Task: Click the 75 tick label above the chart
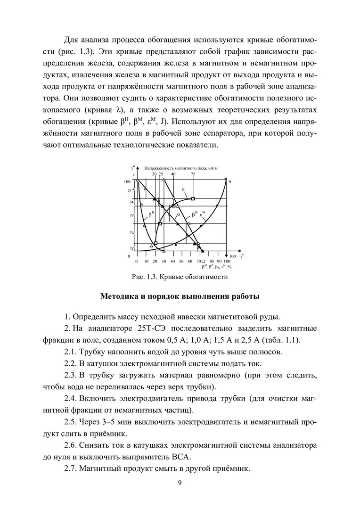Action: click(x=193, y=174)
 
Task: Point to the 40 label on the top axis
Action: click(x=173, y=174)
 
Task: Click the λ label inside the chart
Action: click(x=179, y=215)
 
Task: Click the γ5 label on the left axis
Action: click(x=129, y=190)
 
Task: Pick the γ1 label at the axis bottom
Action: click(x=131, y=247)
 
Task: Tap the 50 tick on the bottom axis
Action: click(x=181, y=261)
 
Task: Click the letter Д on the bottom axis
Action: click(x=203, y=261)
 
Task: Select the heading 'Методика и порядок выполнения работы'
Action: click(x=180, y=296)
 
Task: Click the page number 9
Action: click(x=180, y=482)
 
